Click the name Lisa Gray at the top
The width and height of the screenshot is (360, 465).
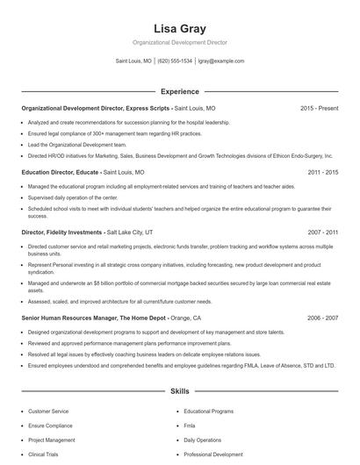click(x=179, y=29)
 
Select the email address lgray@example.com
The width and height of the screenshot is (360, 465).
click(x=220, y=61)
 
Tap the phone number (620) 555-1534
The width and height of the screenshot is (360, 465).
click(x=175, y=61)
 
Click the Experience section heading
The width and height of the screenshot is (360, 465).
click(x=179, y=91)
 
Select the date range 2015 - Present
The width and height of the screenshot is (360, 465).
click(x=319, y=108)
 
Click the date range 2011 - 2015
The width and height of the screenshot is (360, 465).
click(x=322, y=172)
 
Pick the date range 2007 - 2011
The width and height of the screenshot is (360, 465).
click(x=322, y=233)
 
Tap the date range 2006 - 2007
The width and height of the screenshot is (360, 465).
click(x=322, y=318)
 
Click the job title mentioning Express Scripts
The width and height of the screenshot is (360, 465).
click(x=96, y=108)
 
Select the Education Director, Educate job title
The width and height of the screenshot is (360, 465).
click(x=61, y=172)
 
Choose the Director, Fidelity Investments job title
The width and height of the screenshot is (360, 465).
click(x=61, y=233)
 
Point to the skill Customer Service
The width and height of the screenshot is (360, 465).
click(x=48, y=411)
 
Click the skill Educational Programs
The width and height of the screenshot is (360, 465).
click(x=208, y=411)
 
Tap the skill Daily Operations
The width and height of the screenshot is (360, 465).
click(x=203, y=440)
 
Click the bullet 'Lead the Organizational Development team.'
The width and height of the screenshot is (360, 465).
click(x=78, y=144)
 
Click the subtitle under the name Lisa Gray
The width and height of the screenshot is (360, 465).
click(x=179, y=42)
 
